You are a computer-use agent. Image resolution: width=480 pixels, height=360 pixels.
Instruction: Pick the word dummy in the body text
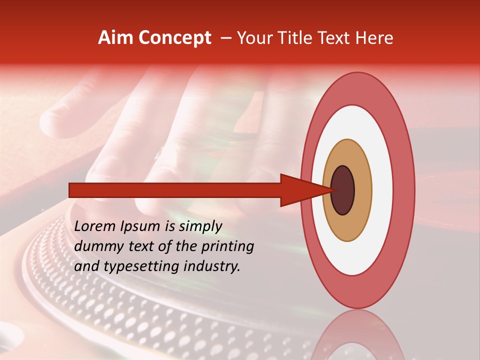coord(97,246)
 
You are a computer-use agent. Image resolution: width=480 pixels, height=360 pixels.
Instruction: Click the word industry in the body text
coord(210,267)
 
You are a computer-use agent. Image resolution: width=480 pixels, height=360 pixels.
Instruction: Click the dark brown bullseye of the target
coord(343,190)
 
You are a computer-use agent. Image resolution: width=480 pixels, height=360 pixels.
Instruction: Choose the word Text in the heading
coord(333,38)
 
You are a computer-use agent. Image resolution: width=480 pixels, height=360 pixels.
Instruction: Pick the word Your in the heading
coord(253,38)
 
